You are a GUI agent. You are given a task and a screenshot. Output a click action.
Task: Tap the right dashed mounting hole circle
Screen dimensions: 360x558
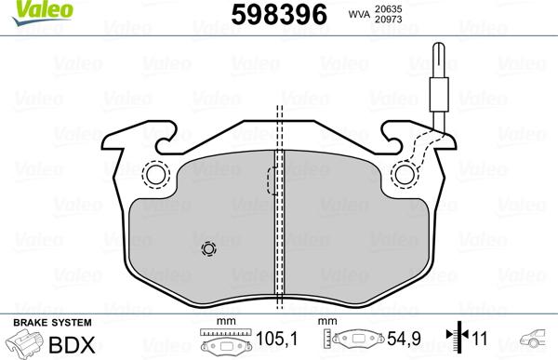[405, 174]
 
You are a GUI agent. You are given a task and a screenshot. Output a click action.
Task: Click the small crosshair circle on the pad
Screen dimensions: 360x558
[208, 249]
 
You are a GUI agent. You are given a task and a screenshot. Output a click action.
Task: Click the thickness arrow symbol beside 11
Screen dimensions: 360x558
[456, 340]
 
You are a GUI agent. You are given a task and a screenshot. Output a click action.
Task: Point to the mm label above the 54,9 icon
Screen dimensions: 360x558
[326, 322]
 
